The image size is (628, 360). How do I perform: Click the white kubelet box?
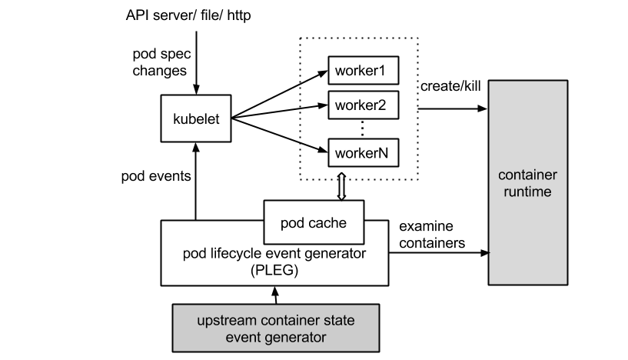(x=196, y=118)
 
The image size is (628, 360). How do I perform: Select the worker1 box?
(x=364, y=71)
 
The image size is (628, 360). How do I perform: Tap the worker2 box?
(x=364, y=105)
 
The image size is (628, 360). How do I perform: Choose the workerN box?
(x=364, y=153)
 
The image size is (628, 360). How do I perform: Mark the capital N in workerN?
(x=383, y=153)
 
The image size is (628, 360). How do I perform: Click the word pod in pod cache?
(x=293, y=223)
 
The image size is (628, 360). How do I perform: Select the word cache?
(x=327, y=223)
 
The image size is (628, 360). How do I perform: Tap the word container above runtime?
(x=528, y=175)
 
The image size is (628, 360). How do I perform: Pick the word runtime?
(x=528, y=192)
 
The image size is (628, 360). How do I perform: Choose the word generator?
(x=296, y=337)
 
